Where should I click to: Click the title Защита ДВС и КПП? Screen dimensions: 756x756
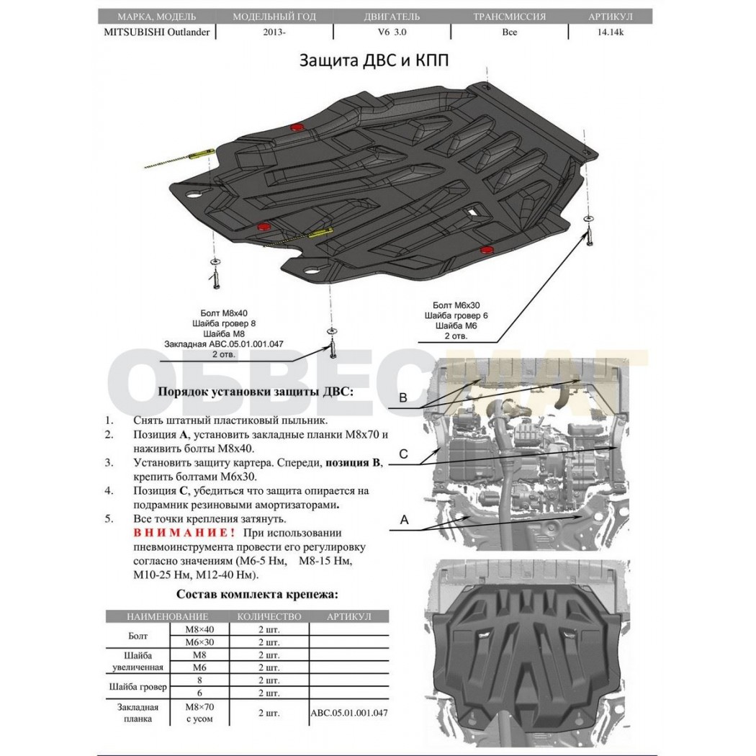[x=374, y=60]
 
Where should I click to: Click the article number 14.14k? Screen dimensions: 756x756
[x=611, y=32]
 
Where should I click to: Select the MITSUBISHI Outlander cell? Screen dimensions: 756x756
[x=157, y=32]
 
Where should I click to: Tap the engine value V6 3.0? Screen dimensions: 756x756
[x=392, y=32]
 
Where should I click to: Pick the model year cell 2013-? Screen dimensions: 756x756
[x=274, y=32]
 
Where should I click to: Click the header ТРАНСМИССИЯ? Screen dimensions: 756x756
[x=509, y=17]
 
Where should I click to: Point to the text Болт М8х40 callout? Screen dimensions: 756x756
[x=224, y=313]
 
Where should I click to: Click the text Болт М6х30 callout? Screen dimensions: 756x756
[x=456, y=305]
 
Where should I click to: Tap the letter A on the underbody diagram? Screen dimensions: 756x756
[x=404, y=519]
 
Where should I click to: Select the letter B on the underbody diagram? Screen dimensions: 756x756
[x=403, y=397]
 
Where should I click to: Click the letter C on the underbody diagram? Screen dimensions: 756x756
[x=403, y=454]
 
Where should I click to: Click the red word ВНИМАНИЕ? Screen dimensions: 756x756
[x=184, y=533]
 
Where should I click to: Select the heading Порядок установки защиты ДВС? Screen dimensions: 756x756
[x=256, y=392]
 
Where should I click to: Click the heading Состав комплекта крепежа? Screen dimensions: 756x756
[x=257, y=594]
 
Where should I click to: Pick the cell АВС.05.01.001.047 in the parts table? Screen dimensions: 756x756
[x=349, y=713]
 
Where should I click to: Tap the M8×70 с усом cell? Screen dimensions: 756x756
[x=199, y=713]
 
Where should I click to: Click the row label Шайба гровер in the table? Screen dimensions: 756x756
[x=138, y=687]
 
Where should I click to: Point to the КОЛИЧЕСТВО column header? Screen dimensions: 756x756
[x=269, y=616]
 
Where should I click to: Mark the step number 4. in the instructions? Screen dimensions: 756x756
[x=109, y=491]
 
